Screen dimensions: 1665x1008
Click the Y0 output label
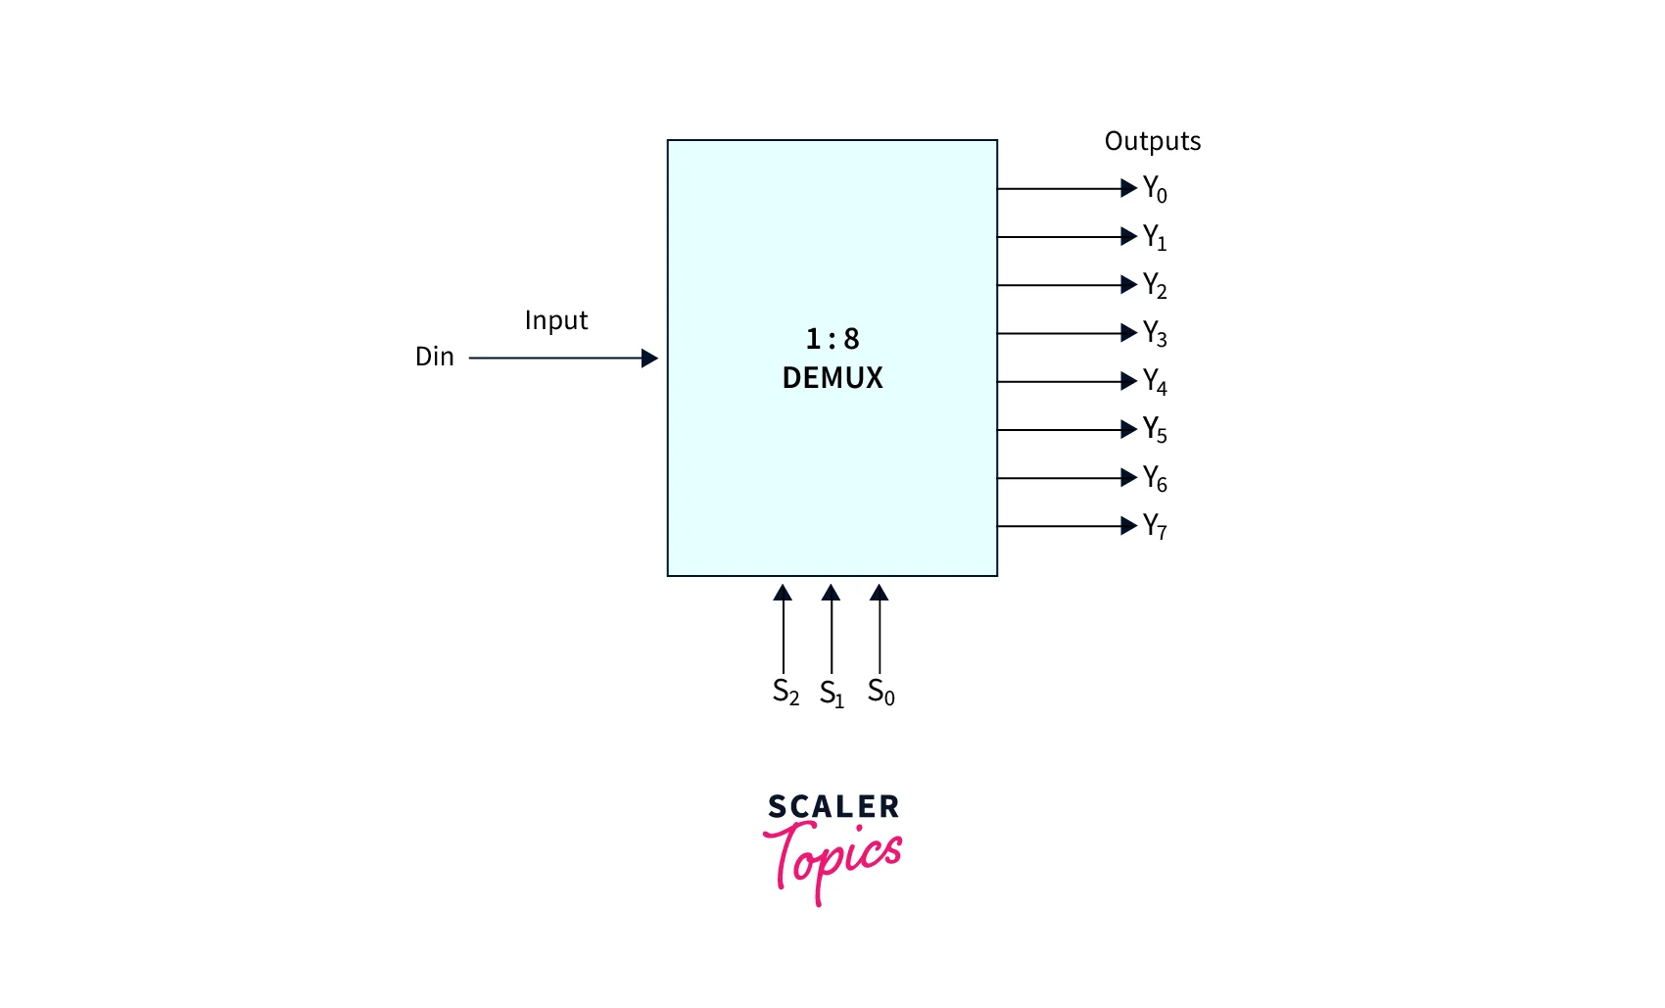[1155, 189]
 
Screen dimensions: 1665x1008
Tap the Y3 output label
[1155, 333]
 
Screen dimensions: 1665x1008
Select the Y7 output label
[1155, 526]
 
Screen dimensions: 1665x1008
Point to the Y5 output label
[1155, 430]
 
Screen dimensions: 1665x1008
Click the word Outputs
[1152, 140]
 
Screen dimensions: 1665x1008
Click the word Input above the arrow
[556, 320]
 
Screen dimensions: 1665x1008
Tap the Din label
[434, 356]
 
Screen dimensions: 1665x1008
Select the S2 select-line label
[785, 692]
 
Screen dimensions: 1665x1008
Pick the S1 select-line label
[832, 693]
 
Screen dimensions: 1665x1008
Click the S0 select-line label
[880, 692]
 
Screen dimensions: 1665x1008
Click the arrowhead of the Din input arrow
[649, 359]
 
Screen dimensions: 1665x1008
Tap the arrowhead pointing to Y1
[1129, 236]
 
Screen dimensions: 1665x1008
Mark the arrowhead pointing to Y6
[1129, 477]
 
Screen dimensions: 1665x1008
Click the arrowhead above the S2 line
[783, 593]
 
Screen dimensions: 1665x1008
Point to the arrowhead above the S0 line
[880, 593]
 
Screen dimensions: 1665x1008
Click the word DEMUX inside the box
[832, 377]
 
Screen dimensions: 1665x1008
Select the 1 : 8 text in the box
[832, 339]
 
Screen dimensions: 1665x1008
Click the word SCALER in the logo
[833, 806]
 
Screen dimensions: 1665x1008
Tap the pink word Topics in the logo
[832, 862]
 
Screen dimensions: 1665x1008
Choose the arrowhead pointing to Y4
[1129, 381]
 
